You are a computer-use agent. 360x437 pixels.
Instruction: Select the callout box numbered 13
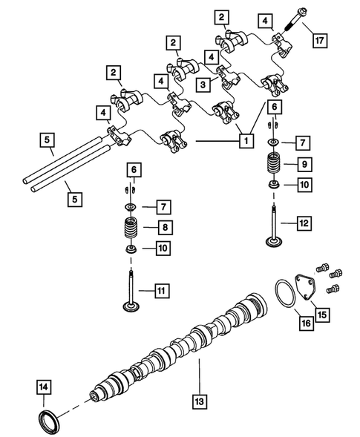(199, 402)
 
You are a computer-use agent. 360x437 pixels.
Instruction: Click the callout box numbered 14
(44, 386)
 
